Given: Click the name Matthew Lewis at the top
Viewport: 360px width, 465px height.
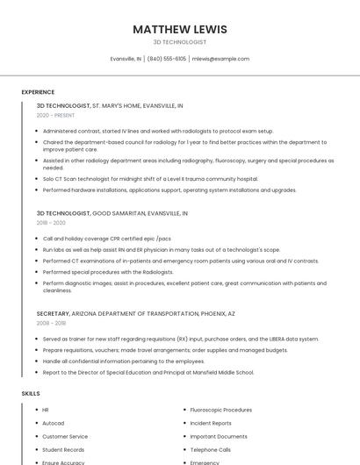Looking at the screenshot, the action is [180, 29].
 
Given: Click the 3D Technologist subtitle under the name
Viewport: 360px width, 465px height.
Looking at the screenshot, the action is [180, 41].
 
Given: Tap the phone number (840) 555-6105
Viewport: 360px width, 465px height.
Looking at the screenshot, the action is [167, 59].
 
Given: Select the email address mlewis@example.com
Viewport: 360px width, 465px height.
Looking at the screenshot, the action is [220, 59].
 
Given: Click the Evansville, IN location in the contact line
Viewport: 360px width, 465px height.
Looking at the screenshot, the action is [126, 59].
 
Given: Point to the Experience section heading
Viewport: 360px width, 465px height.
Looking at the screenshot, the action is [38, 92].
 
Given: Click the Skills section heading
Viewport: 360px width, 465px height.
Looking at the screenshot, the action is [31, 394].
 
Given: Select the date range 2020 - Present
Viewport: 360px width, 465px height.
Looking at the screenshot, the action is [55, 115].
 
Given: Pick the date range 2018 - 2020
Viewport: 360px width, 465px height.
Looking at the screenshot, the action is [51, 223].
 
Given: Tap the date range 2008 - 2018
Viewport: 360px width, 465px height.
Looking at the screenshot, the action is [51, 323].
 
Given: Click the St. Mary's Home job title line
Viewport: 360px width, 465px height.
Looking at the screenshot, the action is [110, 104].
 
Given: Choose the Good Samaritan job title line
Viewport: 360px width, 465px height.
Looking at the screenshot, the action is [112, 213].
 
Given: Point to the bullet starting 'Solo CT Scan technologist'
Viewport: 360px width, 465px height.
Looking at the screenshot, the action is [150, 178].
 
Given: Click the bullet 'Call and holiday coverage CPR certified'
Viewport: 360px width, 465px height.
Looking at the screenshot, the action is [106, 238].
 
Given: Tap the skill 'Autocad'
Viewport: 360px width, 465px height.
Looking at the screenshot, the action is [53, 423].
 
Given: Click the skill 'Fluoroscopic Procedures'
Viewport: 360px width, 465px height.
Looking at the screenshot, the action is [220, 410].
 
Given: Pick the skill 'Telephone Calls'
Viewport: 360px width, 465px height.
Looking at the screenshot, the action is [211, 449].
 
